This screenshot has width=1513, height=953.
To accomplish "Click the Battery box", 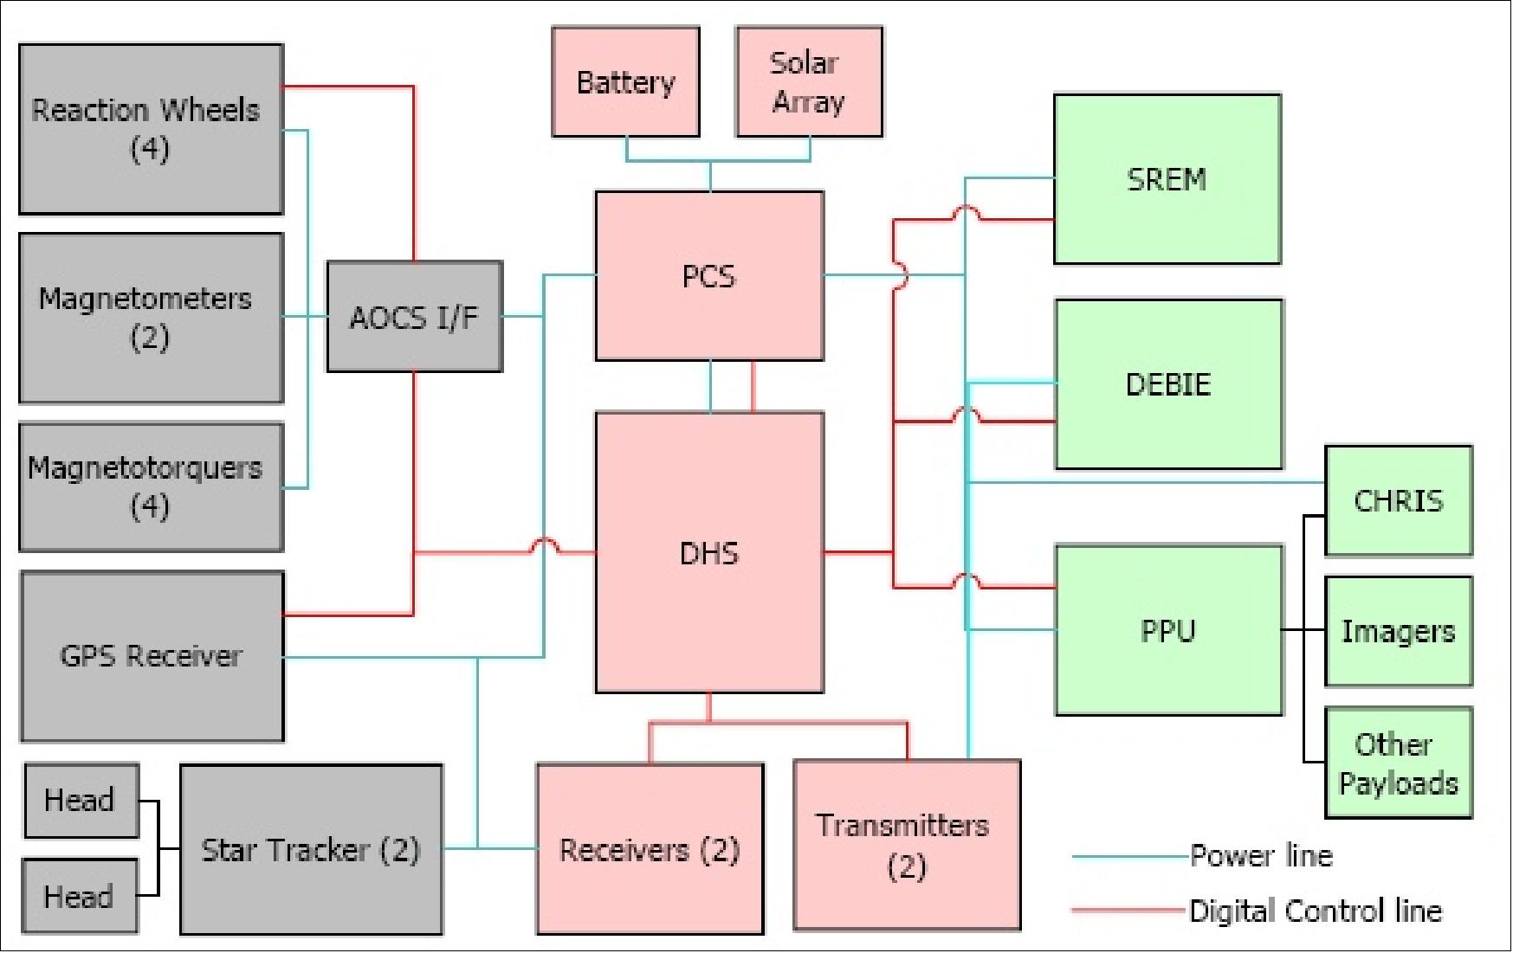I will coord(625,82).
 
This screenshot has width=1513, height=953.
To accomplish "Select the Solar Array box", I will coord(809,82).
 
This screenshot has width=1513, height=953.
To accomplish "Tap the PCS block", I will coord(709,276).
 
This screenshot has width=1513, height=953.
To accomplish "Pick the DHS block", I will coord(709,552).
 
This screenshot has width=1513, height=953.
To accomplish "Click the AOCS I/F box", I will coord(414,317).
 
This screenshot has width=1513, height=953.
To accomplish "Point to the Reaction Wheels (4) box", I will coord(151,129).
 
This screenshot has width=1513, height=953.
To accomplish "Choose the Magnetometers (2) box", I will coord(151,318).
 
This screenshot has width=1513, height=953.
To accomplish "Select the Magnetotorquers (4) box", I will coord(151,486).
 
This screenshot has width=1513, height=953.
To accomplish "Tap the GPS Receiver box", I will coord(152,656).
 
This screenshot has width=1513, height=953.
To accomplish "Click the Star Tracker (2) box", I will coord(311,849).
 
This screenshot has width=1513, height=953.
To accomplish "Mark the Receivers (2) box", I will coord(650,849).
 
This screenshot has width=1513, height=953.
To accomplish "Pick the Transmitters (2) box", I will coord(907,845).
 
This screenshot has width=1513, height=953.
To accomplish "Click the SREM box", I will coord(1167,179).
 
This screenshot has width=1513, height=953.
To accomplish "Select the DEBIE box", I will coord(1168,384).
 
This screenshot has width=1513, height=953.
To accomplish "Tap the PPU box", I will coord(1168,630).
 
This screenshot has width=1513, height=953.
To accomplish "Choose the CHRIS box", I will coord(1399,500).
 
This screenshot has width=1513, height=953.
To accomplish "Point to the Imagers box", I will coord(1399,632).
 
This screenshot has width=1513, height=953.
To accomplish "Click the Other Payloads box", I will coord(1399,763).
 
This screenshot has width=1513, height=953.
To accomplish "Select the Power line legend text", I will coord(1261,856).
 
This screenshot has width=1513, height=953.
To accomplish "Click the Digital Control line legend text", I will coord(1316,911).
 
